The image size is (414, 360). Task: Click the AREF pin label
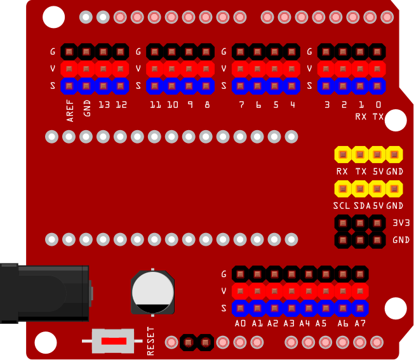[x=70, y=110]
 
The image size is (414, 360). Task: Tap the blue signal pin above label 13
[x=103, y=85]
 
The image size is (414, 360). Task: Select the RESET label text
[x=151, y=341]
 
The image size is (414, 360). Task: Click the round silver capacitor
[x=152, y=291]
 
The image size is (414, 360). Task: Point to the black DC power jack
[x=44, y=293]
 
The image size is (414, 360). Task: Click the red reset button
[x=114, y=341]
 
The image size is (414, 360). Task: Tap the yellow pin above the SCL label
[x=343, y=189]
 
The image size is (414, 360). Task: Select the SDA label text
[x=362, y=206]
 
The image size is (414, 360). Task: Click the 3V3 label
[x=401, y=223]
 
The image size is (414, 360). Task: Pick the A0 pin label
[x=240, y=323]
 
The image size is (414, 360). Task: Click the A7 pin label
[x=360, y=323]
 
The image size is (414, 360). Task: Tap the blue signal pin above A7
[x=360, y=309]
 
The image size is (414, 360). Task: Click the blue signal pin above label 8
[x=206, y=85]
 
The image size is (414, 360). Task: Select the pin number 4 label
[x=292, y=105]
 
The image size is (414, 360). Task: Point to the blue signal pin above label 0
[x=378, y=85]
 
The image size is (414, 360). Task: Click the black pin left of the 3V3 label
[x=378, y=223]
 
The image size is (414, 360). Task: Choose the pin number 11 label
[x=155, y=105]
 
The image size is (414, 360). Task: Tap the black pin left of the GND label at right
[x=378, y=240]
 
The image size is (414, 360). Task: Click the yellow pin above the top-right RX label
[x=343, y=154]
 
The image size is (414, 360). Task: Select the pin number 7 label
[x=241, y=105]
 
